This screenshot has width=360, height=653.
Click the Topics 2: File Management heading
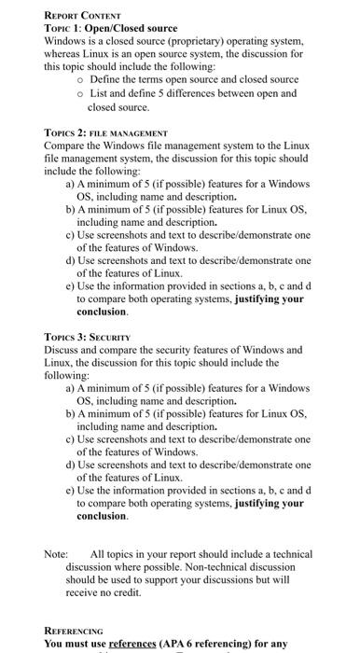(105, 133)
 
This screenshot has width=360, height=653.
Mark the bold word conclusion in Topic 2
(102, 313)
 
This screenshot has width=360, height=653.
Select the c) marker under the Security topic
(71, 438)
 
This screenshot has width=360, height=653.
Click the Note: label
(56, 555)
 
